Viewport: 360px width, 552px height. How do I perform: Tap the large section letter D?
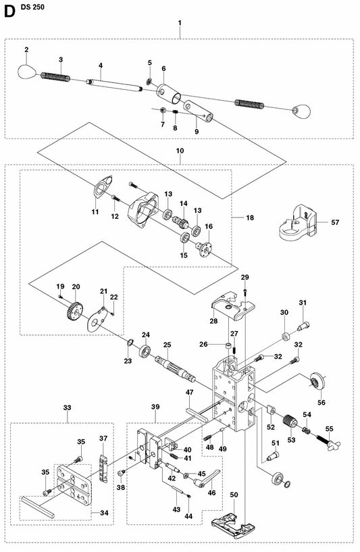7,7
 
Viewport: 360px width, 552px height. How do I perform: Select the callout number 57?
335,222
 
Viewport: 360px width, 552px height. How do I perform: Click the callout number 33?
66,407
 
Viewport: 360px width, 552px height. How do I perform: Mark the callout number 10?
180,152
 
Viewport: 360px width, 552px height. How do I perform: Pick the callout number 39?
155,407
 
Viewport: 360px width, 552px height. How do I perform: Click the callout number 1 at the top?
180,24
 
